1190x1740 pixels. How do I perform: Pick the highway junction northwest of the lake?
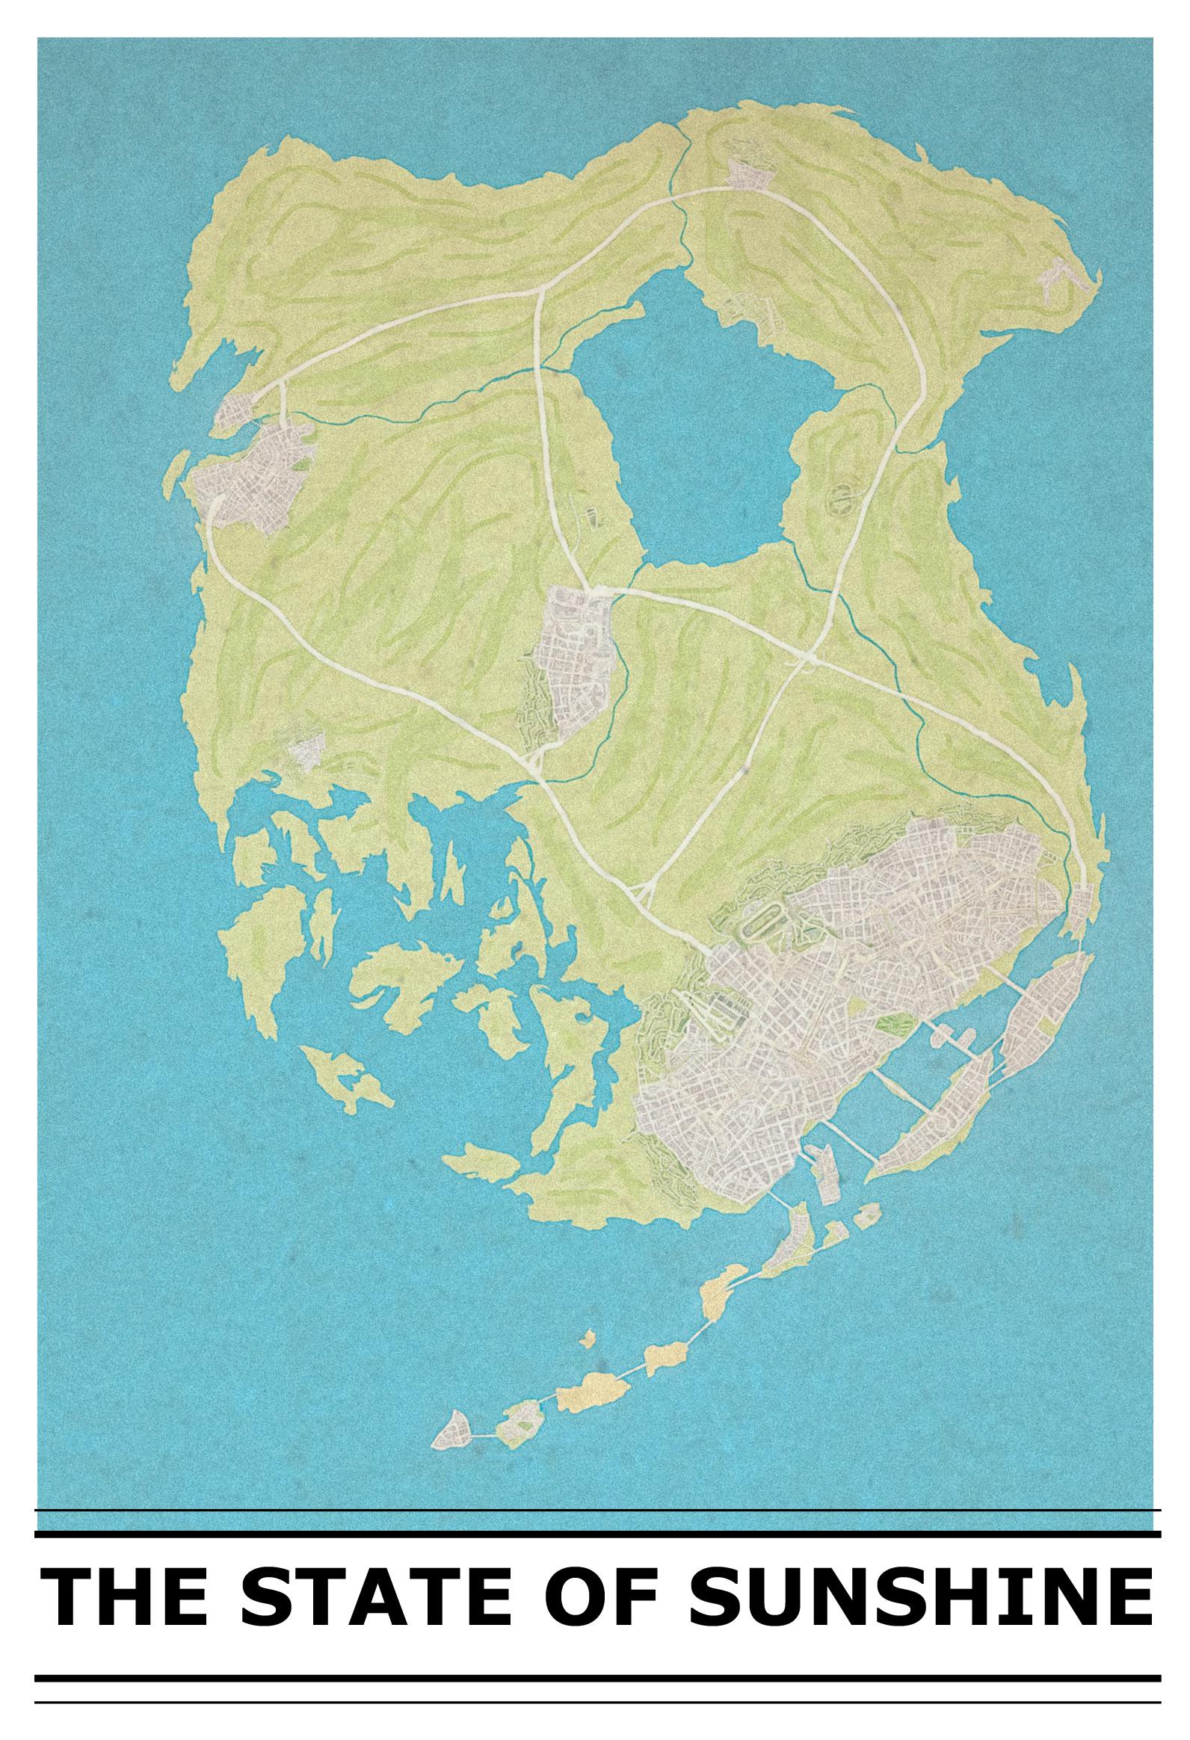click(540, 291)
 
